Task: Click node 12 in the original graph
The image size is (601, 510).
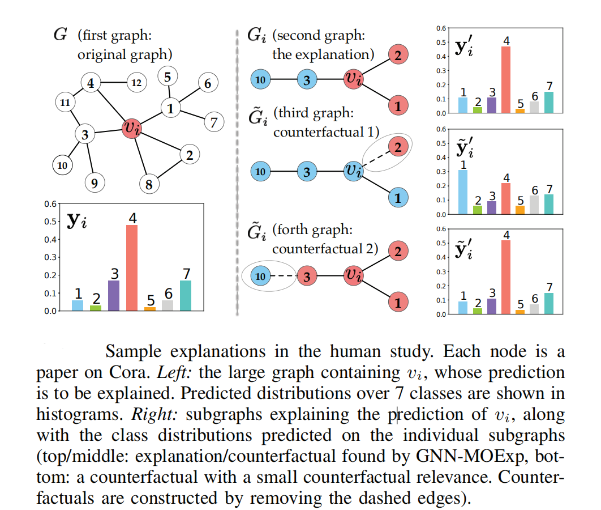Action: pyautogui.click(x=136, y=83)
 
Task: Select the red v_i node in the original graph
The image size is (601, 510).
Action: pyautogui.click(x=132, y=128)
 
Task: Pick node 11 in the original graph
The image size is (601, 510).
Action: pyautogui.click(x=65, y=103)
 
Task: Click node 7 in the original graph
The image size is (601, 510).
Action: pyautogui.click(x=213, y=121)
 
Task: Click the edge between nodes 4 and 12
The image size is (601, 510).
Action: pyautogui.click(x=113, y=83)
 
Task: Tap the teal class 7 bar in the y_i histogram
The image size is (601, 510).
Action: pyautogui.click(x=186, y=295)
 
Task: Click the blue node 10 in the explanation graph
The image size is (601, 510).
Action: pyautogui.click(x=261, y=79)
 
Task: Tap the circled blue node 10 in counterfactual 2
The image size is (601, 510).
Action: pyautogui.click(x=261, y=277)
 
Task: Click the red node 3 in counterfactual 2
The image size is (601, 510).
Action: pyautogui.click(x=307, y=277)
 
